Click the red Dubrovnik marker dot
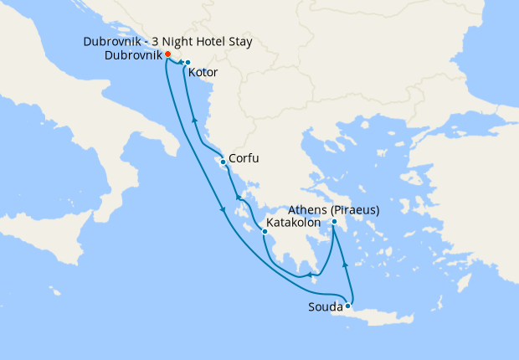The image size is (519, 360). pyautogui.click(x=167, y=55)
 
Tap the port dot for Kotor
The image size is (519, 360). pyautogui.click(x=188, y=63)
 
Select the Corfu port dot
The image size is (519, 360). pyautogui.click(x=223, y=162)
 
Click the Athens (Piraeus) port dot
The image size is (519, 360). pyautogui.click(x=333, y=222)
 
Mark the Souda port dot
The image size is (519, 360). pyautogui.click(x=347, y=306)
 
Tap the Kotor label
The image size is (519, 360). pyautogui.click(x=203, y=74)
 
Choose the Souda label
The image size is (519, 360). pyautogui.click(x=326, y=308)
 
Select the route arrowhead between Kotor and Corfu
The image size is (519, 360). pyautogui.click(x=194, y=122)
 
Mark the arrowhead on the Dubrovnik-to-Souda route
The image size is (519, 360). pyautogui.click(x=223, y=210)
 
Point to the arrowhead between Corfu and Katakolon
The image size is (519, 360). pyautogui.click(x=238, y=199)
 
